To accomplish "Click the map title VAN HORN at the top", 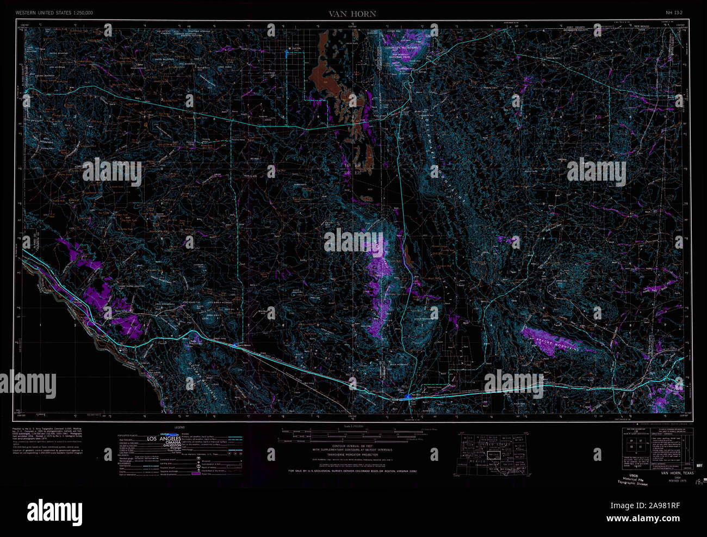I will coord(352,14).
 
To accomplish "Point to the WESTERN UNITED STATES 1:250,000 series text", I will coord(54,12).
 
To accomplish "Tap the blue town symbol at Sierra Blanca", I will coord(234,344).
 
